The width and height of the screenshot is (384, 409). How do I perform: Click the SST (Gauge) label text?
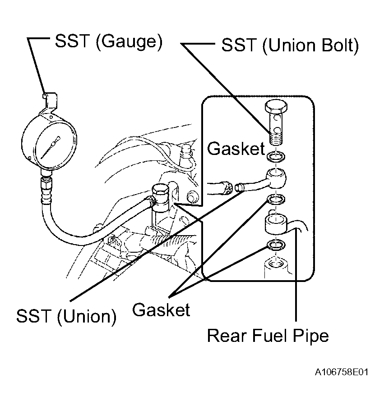[x=109, y=41]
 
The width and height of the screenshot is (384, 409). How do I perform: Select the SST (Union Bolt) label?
[x=290, y=45]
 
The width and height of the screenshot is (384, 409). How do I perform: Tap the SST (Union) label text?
[x=66, y=316]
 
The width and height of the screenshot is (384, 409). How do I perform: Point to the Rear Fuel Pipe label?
[x=268, y=336]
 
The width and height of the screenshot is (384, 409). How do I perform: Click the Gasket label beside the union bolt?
[x=236, y=149]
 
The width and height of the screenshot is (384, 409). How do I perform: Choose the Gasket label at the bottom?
[x=161, y=309]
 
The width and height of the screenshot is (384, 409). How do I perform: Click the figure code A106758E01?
[x=342, y=372]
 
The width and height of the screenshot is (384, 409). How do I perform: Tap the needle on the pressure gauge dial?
[x=51, y=147]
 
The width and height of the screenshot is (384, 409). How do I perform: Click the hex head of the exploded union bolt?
[x=276, y=106]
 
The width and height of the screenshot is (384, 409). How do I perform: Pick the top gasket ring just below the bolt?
[x=276, y=156]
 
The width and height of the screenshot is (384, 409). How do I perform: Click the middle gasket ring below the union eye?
[x=276, y=200]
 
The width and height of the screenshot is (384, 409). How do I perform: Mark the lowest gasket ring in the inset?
[x=276, y=245]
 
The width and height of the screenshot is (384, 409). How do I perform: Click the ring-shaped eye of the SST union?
[x=276, y=178]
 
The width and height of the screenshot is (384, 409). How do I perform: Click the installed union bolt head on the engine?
[x=160, y=191]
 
